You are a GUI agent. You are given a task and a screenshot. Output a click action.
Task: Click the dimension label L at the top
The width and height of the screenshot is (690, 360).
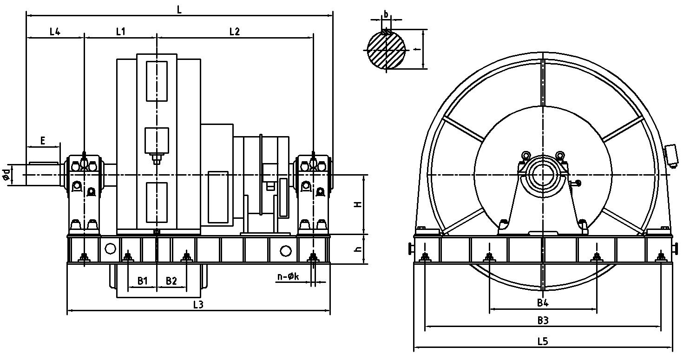179,10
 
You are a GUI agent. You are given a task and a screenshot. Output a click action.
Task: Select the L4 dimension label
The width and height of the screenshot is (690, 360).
55,32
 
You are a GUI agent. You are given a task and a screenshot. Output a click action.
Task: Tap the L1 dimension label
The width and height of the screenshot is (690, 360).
120,32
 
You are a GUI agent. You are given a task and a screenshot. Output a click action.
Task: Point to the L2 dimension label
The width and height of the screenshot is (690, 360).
235,32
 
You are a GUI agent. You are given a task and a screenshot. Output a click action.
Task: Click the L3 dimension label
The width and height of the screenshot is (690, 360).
198,305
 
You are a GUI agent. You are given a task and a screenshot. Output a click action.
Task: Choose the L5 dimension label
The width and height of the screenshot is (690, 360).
543,341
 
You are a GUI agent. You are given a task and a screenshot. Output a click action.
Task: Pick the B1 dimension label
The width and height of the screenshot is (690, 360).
142,281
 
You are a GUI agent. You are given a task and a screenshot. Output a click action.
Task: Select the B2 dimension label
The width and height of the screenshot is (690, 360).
171,281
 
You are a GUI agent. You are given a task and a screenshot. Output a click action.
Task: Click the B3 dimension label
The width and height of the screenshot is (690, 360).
543,321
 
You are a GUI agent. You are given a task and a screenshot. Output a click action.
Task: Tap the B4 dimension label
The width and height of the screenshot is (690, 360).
543,303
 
